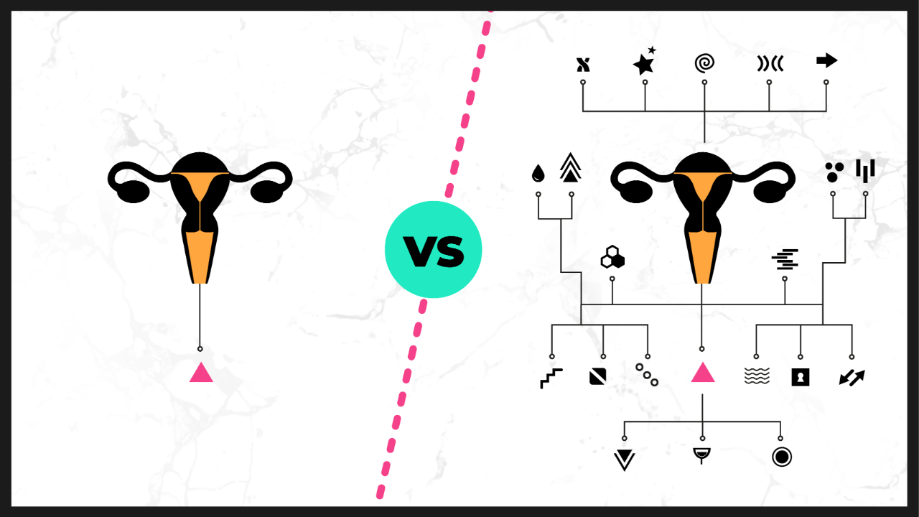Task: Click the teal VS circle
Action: [x=433, y=250]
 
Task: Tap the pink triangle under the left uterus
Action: [x=200, y=373]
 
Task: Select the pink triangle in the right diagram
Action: [x=702, y=373]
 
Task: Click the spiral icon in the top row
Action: [x=705, y=63]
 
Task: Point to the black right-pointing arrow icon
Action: [x=827, y=61]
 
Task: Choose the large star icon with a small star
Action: [x=644, y=64]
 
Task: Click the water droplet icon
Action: [x=538, y=173]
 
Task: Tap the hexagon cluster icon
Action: [x=612, y=257]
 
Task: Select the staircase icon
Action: [x=551, y=378]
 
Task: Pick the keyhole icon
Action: [x=801, y=377]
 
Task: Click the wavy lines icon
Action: [x=756, y=376]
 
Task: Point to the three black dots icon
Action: [x=834, y=172]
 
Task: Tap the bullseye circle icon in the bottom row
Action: [x=782, y=457]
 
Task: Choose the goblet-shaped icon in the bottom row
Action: [x=702, y=456]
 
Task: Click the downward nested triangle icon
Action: [x=625, y=459]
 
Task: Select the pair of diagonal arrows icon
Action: [x=852, y=377]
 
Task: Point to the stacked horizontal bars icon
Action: [x=785, y=258]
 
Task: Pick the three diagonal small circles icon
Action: [x=647, y=375]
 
